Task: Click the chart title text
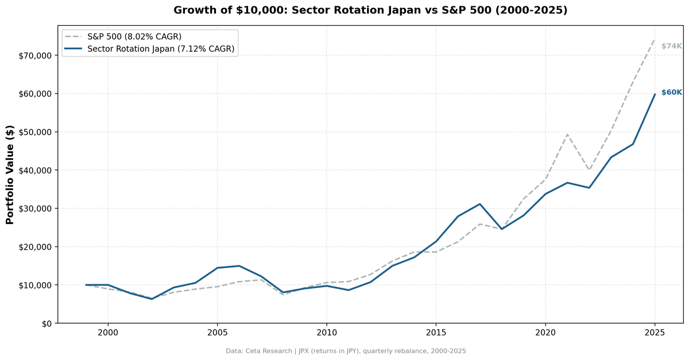370,10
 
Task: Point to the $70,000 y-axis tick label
35,56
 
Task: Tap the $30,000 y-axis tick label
35,208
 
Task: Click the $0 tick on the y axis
47,323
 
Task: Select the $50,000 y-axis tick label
35,132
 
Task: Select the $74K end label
671,46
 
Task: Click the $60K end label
671,92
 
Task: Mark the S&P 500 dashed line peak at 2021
567,134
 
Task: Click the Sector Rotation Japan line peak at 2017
480,204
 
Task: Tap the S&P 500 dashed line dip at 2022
589,171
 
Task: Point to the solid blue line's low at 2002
152,299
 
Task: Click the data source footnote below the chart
346,351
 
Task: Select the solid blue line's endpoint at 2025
655,94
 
